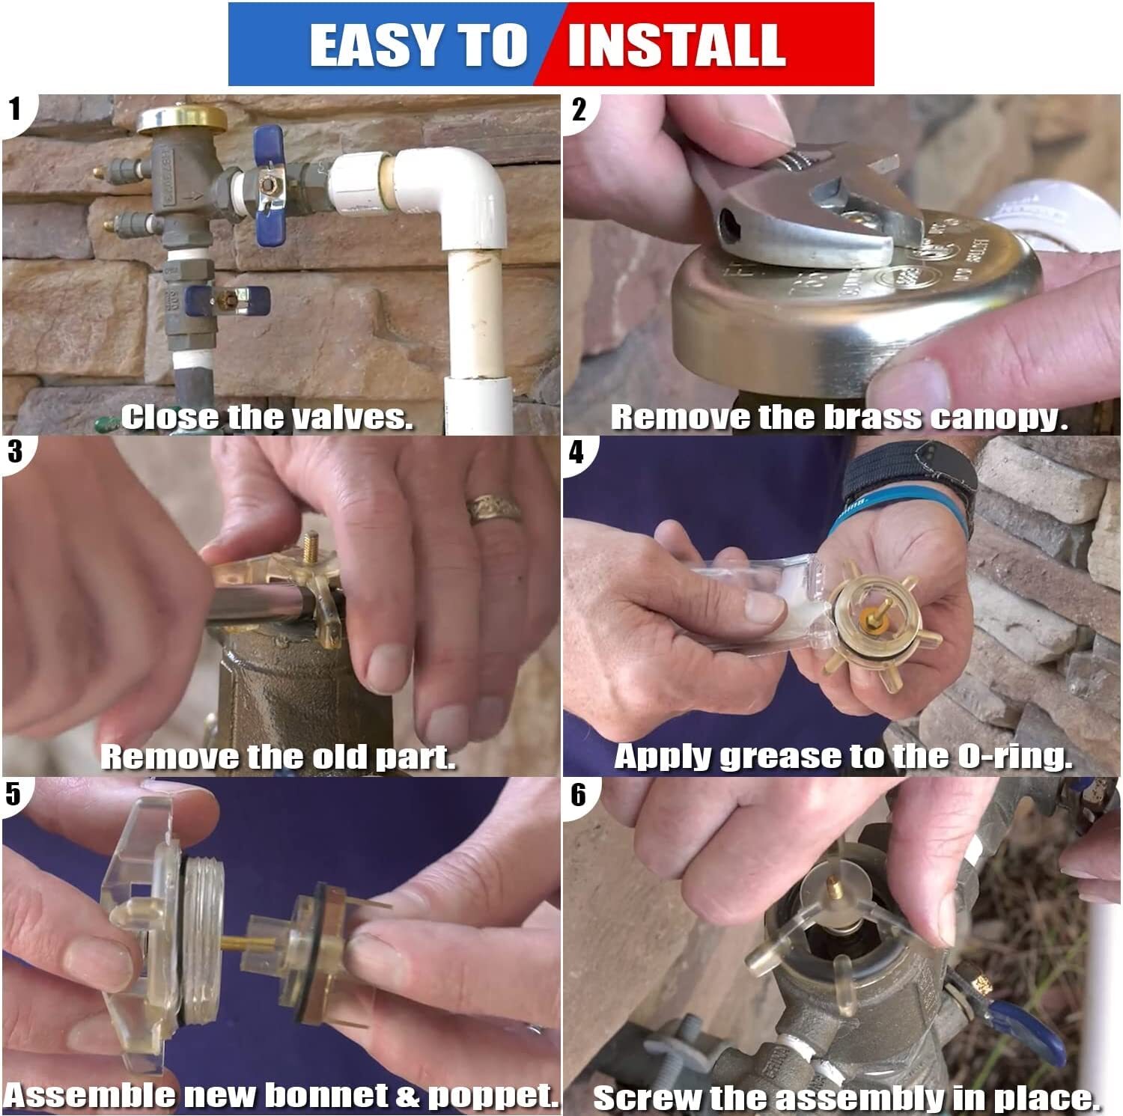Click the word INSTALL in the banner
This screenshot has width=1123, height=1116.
[676, 45]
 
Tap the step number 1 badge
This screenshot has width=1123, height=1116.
[15, 109]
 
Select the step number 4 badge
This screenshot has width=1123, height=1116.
[576, 452]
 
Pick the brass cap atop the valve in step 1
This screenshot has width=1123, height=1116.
[182, 118]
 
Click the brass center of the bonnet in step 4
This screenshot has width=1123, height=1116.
[871, 615]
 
